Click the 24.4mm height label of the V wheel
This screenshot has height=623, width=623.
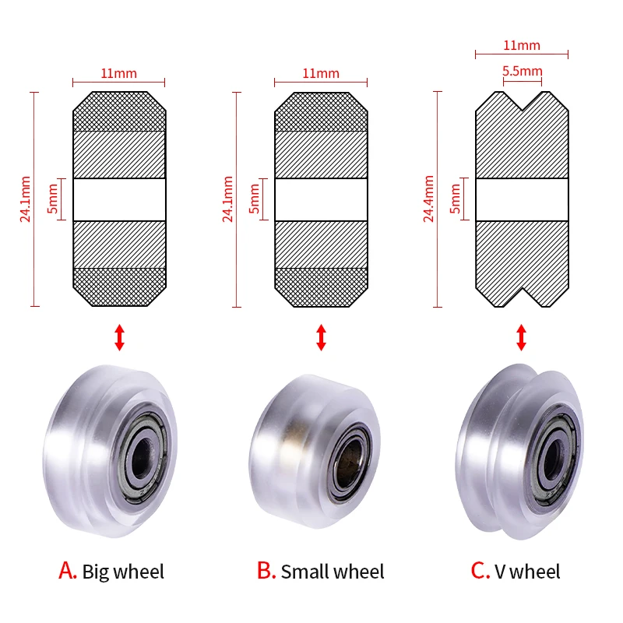pos(428,199)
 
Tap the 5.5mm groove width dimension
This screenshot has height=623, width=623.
pos(522,71)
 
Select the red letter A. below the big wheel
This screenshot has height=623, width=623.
pos(68,571)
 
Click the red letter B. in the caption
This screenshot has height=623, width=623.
pos(266,571)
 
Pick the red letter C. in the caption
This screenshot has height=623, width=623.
pos(480,571)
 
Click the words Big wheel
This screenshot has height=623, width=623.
pos(123,572)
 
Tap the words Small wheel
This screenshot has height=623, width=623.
pos(333,572)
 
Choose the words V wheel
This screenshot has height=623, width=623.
pos(527,572)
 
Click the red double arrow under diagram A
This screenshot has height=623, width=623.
pos(119,337)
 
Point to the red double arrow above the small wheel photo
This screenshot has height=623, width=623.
pos(321,337)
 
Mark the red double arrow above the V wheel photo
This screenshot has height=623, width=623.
pos(522,337)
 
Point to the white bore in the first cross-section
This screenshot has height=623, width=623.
pos(119,200)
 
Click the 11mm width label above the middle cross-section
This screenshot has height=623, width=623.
pos(321,74)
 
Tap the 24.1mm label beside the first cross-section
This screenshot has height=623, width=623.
pos(26,199)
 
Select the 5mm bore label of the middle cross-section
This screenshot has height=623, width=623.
pos(255,200)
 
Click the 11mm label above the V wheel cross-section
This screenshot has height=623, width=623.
pos(522,46)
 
